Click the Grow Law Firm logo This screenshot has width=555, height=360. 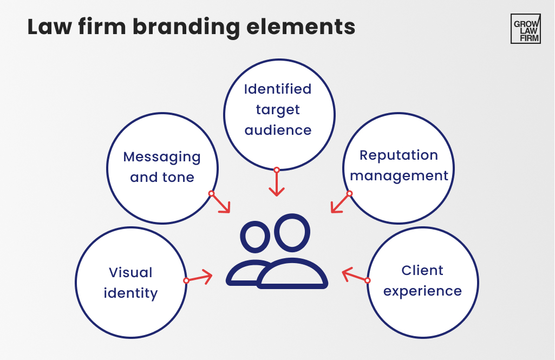coord(525,29)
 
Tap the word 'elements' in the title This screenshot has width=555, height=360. coord(303,27)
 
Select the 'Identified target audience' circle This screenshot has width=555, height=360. coord(277,114)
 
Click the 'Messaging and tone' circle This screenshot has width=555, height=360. coord(162,168)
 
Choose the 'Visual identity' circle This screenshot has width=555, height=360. coord(130,282)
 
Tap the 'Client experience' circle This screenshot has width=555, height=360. coord(422,282)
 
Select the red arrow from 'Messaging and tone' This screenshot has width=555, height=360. coord(220,202)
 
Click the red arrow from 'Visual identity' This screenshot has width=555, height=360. coord(199,278)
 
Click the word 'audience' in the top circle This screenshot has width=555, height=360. coord(278,130)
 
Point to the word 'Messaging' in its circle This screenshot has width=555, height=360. coord(162,157)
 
